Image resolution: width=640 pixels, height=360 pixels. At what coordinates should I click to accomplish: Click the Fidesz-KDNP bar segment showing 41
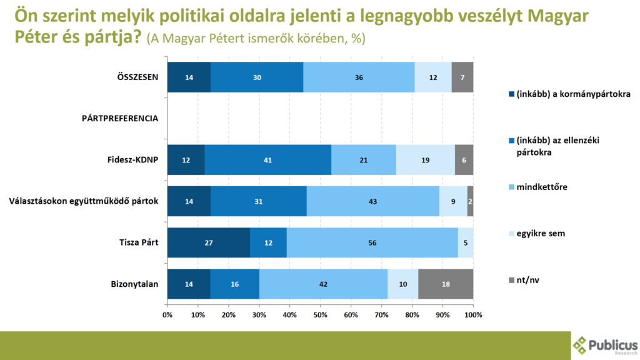pyautogui.click(x=267, y=160)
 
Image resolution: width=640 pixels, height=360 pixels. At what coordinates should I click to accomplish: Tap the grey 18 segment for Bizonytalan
pyautogui.click(x=446, y=283)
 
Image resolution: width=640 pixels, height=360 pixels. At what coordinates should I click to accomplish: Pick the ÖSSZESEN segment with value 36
pyautogui.click(x=359, y=77)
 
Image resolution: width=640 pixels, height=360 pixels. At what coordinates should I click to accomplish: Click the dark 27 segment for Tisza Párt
pyautogui.click(x=208, y=242)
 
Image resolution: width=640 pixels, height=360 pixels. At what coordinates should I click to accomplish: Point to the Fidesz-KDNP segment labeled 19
pyautogui.click(x=425, y=160)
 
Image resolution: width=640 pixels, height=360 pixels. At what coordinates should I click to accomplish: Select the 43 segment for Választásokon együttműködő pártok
pyautogui.click(x=372, y=201)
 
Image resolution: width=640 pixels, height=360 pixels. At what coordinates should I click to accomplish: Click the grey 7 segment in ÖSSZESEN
pyautogui.click(x=462, y=77)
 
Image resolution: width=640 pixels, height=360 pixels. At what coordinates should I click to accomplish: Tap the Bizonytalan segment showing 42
pyautogui.click(x=323, y=283)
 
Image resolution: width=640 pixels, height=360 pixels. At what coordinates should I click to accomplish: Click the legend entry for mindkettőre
pyautogui.click(x=541, y=186)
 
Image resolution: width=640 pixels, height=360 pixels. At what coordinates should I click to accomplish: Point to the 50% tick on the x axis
pyautogui.click(x=320, y=314)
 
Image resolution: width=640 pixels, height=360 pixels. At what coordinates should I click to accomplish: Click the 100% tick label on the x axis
pyautogui.click(x=473, y=314)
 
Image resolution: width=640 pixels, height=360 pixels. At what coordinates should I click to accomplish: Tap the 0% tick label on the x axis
pyautogui.click(x=167, y=314)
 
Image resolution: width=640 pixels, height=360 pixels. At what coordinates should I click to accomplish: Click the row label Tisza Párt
pyautogui.click(x=139, y=242)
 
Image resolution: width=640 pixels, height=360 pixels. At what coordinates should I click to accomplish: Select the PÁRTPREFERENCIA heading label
pyautogui.click(x=119, y=118)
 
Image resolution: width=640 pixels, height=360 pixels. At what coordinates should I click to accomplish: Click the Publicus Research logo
pyautogui.click(x=604, y=346)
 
